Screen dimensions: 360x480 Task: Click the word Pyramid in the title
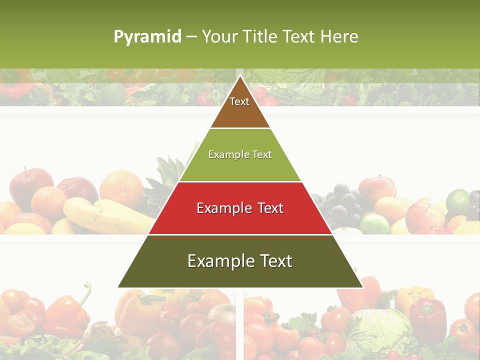click(147, 36)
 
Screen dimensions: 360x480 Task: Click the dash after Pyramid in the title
click(191, 37)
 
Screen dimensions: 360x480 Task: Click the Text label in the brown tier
click(239, 101)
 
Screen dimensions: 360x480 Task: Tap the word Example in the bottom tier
click(218, 261)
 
